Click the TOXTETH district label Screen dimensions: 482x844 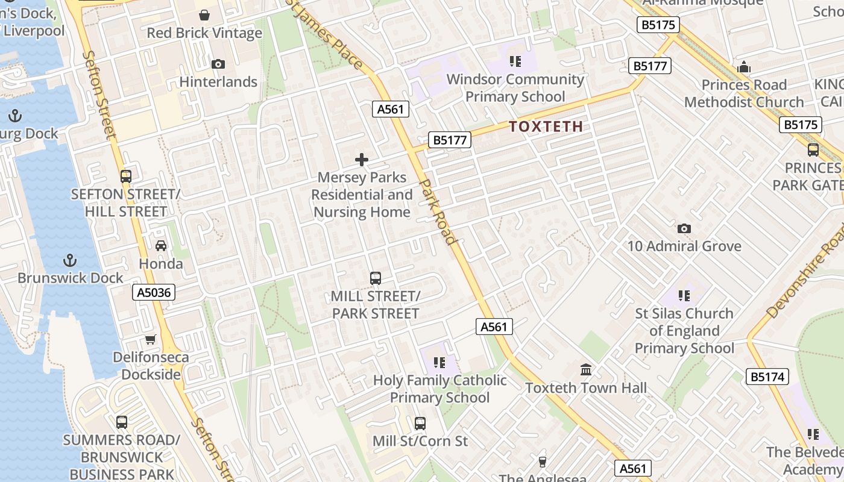(546, 127)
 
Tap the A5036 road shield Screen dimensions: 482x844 (154, 293)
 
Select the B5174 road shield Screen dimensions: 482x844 (767, 377)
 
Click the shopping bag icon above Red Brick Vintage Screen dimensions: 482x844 (204, 15)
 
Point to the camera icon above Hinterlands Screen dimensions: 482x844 (218, 64)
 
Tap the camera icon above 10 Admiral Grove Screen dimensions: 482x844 (684, 228)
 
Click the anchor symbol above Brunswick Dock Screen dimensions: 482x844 (71, 260)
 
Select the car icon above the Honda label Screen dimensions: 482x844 (161, 246)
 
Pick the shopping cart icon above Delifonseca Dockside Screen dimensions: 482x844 (151, 340)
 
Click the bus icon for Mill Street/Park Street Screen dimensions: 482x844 (376, 278)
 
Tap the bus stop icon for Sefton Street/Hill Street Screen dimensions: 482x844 (126, 177)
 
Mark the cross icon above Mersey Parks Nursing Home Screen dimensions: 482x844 (362, 160)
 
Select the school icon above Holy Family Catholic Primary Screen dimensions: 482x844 (439, 363)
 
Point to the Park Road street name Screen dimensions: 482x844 (438, 211)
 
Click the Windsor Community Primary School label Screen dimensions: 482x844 (515, 88)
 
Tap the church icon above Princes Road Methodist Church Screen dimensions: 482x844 (744, 67)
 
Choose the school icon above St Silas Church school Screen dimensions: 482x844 (684, 296)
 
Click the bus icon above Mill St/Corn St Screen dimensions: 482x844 (420, 424)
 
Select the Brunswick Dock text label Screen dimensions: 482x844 (71, 278)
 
